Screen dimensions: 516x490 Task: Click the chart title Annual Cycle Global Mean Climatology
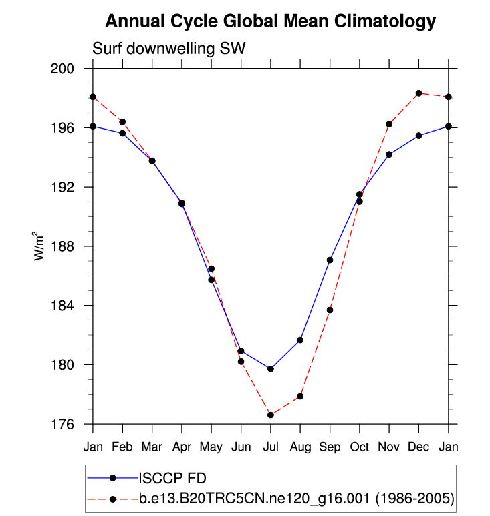pos(270,22)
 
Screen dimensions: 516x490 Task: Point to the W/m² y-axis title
pos(41,246)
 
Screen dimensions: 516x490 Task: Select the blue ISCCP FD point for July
pos(271,369)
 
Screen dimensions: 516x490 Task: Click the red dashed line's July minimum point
pos(271,415)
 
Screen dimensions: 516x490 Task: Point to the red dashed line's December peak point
pos(418,93)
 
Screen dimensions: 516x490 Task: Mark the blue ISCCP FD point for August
pos(300,340)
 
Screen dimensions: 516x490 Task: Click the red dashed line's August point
pos(300,397)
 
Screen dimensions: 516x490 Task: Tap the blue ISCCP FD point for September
pos(330,260)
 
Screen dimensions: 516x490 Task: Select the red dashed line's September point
pos(330,310)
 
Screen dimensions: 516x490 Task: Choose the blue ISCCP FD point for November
pos(389,154)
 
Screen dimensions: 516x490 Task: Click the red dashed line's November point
pos(389,124)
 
